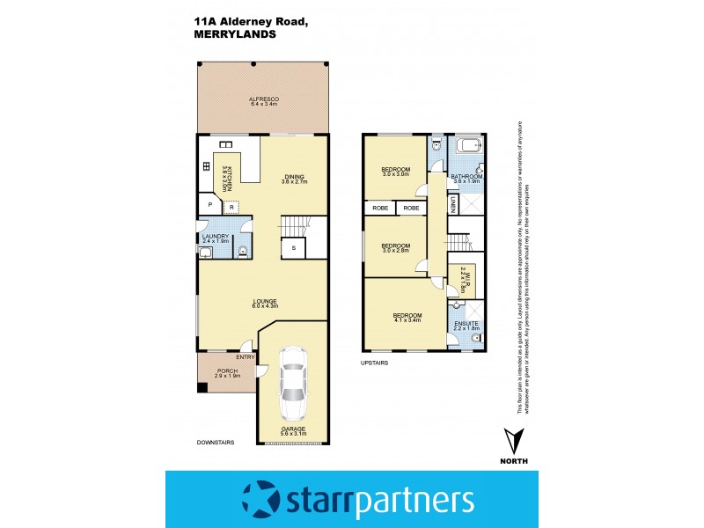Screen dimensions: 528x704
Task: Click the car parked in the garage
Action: (x=292, y=385)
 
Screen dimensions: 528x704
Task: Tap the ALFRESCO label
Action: (x=262, y=99)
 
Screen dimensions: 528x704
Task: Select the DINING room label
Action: (x=294, y=177)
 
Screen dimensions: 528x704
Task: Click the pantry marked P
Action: (x=210, y=204)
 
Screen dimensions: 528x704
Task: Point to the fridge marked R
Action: (x=231, y=206)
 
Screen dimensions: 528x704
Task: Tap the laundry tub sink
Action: (x=206, y=253)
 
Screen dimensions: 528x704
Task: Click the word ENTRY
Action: (x=245, y=356)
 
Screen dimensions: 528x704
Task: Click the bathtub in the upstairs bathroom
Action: (x=466, y=147)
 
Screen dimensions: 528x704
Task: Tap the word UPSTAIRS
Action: (x=374, y=362)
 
